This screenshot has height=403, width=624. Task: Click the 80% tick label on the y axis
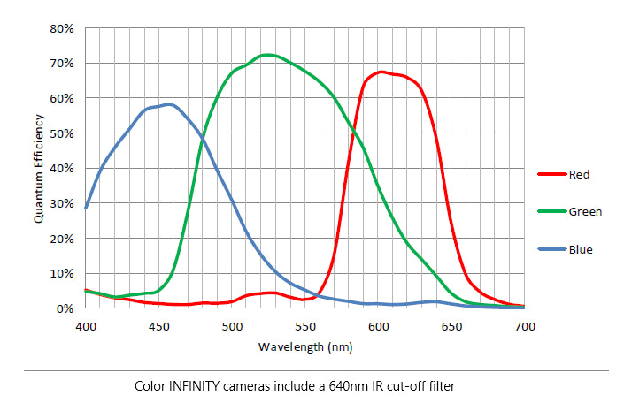(63, 28)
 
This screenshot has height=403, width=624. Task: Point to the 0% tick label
(65, 308)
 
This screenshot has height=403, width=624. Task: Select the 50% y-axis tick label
(63, 133)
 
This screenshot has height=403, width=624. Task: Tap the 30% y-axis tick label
(63, 203)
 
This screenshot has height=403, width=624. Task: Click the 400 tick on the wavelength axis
(86, 327)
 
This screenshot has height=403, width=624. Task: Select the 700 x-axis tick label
(525, 327)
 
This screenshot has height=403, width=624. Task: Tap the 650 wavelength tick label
(451, 327)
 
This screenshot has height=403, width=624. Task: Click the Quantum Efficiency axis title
(39, 168)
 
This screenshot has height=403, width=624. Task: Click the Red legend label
(580, 175)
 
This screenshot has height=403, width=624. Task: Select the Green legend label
(585, 212)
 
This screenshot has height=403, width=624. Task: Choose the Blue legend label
(581, 250)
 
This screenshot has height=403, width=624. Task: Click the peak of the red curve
(381, 72)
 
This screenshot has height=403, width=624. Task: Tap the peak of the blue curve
(168, 104)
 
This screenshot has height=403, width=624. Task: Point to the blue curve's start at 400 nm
(86, 208)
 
